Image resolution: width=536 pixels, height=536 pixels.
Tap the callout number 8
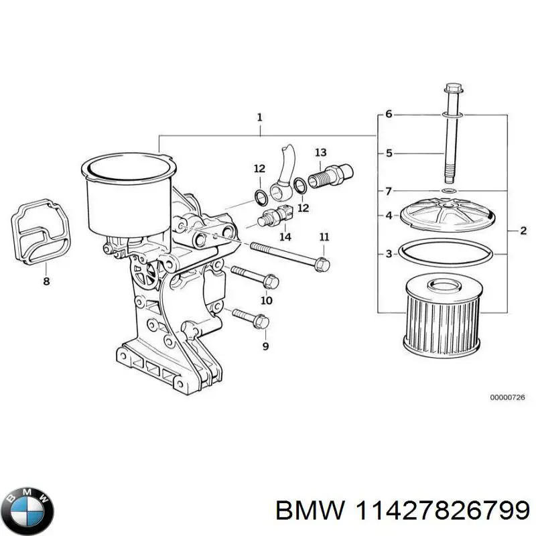[46, 281]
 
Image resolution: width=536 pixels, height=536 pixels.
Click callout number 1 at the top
[259, 117]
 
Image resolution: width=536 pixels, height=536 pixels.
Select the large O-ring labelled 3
[447, 254]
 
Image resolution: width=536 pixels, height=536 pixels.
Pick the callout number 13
[320, 152]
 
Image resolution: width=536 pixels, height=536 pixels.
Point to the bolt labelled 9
[251, 318]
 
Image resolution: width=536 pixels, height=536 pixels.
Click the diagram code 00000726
[507, 397]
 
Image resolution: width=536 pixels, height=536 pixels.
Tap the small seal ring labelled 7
[448, 192]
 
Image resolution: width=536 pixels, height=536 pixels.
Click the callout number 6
[389, 115]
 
